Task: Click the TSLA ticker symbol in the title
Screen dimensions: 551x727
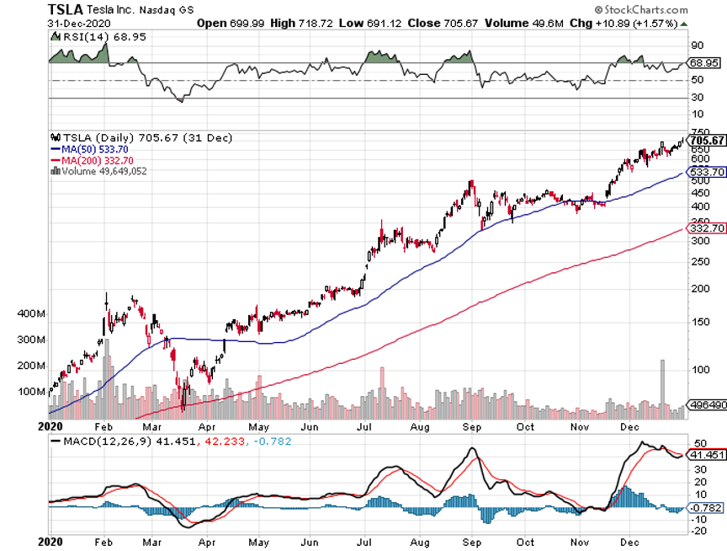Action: [x=65, y=8]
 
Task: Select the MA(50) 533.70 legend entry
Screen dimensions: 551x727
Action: [x=89, y=148]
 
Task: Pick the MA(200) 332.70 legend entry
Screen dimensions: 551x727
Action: [x=92, y=159]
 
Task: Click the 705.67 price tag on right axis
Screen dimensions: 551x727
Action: [x=707, y=140]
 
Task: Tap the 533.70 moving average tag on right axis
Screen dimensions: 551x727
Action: [x=707, y=172]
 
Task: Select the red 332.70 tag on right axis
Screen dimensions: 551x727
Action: [x=707, y=228]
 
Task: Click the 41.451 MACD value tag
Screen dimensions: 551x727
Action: [x=707, y=454]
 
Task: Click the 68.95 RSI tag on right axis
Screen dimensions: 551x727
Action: [x=704, y=63]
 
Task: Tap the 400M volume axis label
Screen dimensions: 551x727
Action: [x=31, y=314]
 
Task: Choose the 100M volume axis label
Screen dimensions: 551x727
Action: [x=31, y=392]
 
